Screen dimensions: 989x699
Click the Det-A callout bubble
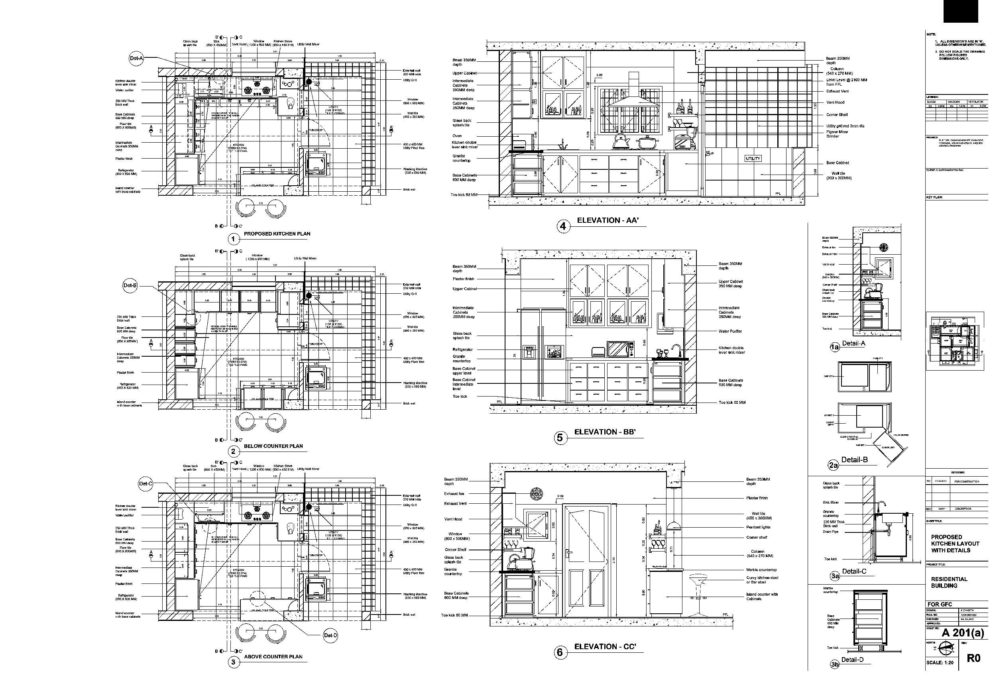pyautogui.click(x=136, y=59)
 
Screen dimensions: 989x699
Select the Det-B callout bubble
pyautogui.click(x=130, y=286)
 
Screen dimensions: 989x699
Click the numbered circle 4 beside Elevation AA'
pyautogui.click(x=563, y=226)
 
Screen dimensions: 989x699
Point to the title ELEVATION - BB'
pyautogui.click(x=605, y=432)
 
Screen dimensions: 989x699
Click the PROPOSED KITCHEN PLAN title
pyautogui.click(x=277, y=234)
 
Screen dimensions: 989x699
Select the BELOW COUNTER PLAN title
pyautogui.click(x=273, y=446)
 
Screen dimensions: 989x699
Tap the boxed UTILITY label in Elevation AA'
pyautogui.click(x=753, y=159)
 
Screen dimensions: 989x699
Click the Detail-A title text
pyautogui.click(x=853, y=344)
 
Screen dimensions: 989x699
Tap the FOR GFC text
pyautogui.click(x=939, y=605)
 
